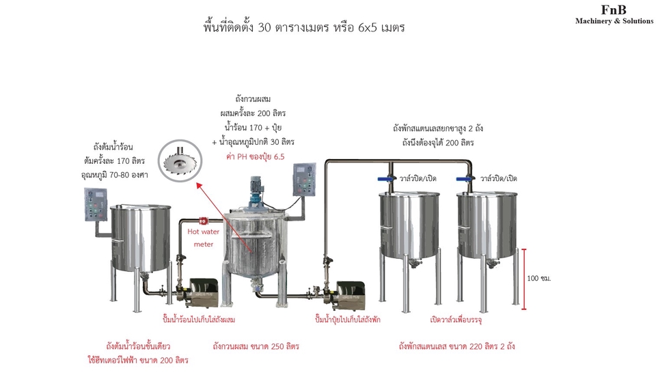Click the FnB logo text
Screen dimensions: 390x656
(614, 9)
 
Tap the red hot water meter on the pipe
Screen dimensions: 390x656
(203, 220)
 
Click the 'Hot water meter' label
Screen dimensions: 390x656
(204, 237)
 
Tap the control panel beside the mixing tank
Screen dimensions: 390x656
(303, 180)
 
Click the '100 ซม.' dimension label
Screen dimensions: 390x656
(539, 279)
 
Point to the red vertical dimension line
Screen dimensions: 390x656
(524, 279)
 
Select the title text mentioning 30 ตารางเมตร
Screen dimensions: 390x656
(305, 28)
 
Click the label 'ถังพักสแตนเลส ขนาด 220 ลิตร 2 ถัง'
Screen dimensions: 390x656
(456, 346)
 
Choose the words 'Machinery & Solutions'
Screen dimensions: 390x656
(614, 21)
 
